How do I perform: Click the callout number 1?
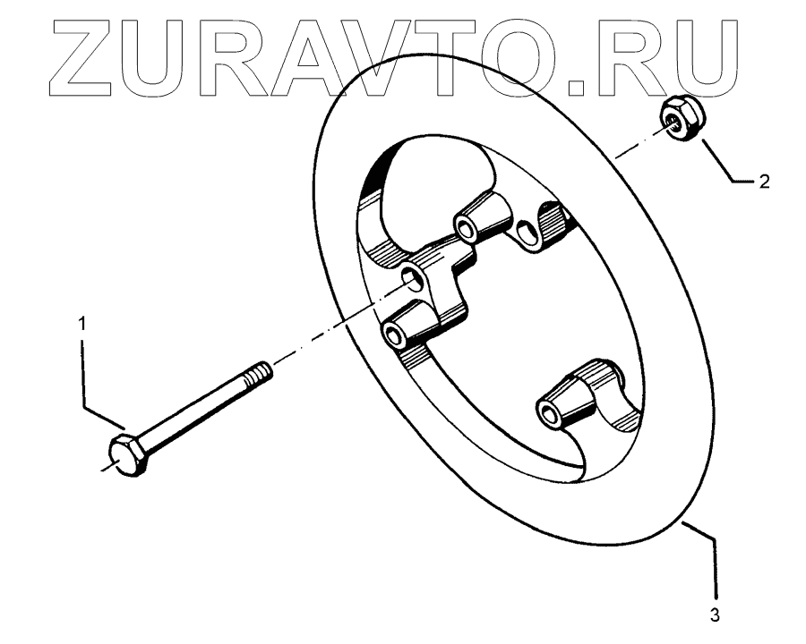83,325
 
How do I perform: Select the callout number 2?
763,182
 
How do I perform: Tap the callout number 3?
715,615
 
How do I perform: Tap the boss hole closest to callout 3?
545,412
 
